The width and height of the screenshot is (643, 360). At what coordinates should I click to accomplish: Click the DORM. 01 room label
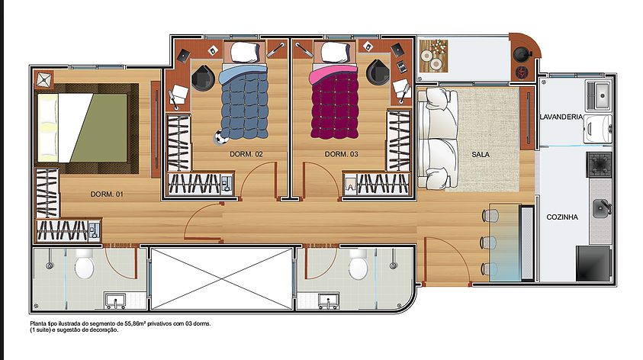[x=107, y=194]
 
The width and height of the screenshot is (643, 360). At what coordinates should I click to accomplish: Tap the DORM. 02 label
[x=246, y=154]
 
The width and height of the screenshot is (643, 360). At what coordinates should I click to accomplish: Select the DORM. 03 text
[x=341, y=154]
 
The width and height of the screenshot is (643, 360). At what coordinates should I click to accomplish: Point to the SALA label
[x=481, y=155]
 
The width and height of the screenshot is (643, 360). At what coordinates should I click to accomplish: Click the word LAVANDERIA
[x=561, y=117]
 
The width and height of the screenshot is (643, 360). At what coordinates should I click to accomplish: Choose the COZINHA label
[x=562, y=217]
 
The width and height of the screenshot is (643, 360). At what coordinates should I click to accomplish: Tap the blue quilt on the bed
[x=244, y=104]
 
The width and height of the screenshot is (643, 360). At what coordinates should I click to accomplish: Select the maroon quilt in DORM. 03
[x=335, y=104]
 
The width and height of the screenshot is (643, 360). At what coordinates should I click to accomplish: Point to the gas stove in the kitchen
[x=600, y=165]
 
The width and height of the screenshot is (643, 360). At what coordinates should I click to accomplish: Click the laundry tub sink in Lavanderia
[x=600, y=96]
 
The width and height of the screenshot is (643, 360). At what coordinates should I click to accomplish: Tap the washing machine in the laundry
[x=598, y=129]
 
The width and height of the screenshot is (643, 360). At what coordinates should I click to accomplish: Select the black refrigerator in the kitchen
[x=593, y=263]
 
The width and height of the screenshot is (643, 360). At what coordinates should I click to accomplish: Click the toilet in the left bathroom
[x=85, y=263]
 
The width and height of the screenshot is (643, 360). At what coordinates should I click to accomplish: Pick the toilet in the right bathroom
[x=358, y=264]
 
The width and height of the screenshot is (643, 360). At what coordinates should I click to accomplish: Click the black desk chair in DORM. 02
[x=203, y=78]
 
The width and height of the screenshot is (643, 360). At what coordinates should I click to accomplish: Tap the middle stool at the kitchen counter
[x=489, y=243]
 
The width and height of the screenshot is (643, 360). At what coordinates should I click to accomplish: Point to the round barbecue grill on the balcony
[x=522, y=53]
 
